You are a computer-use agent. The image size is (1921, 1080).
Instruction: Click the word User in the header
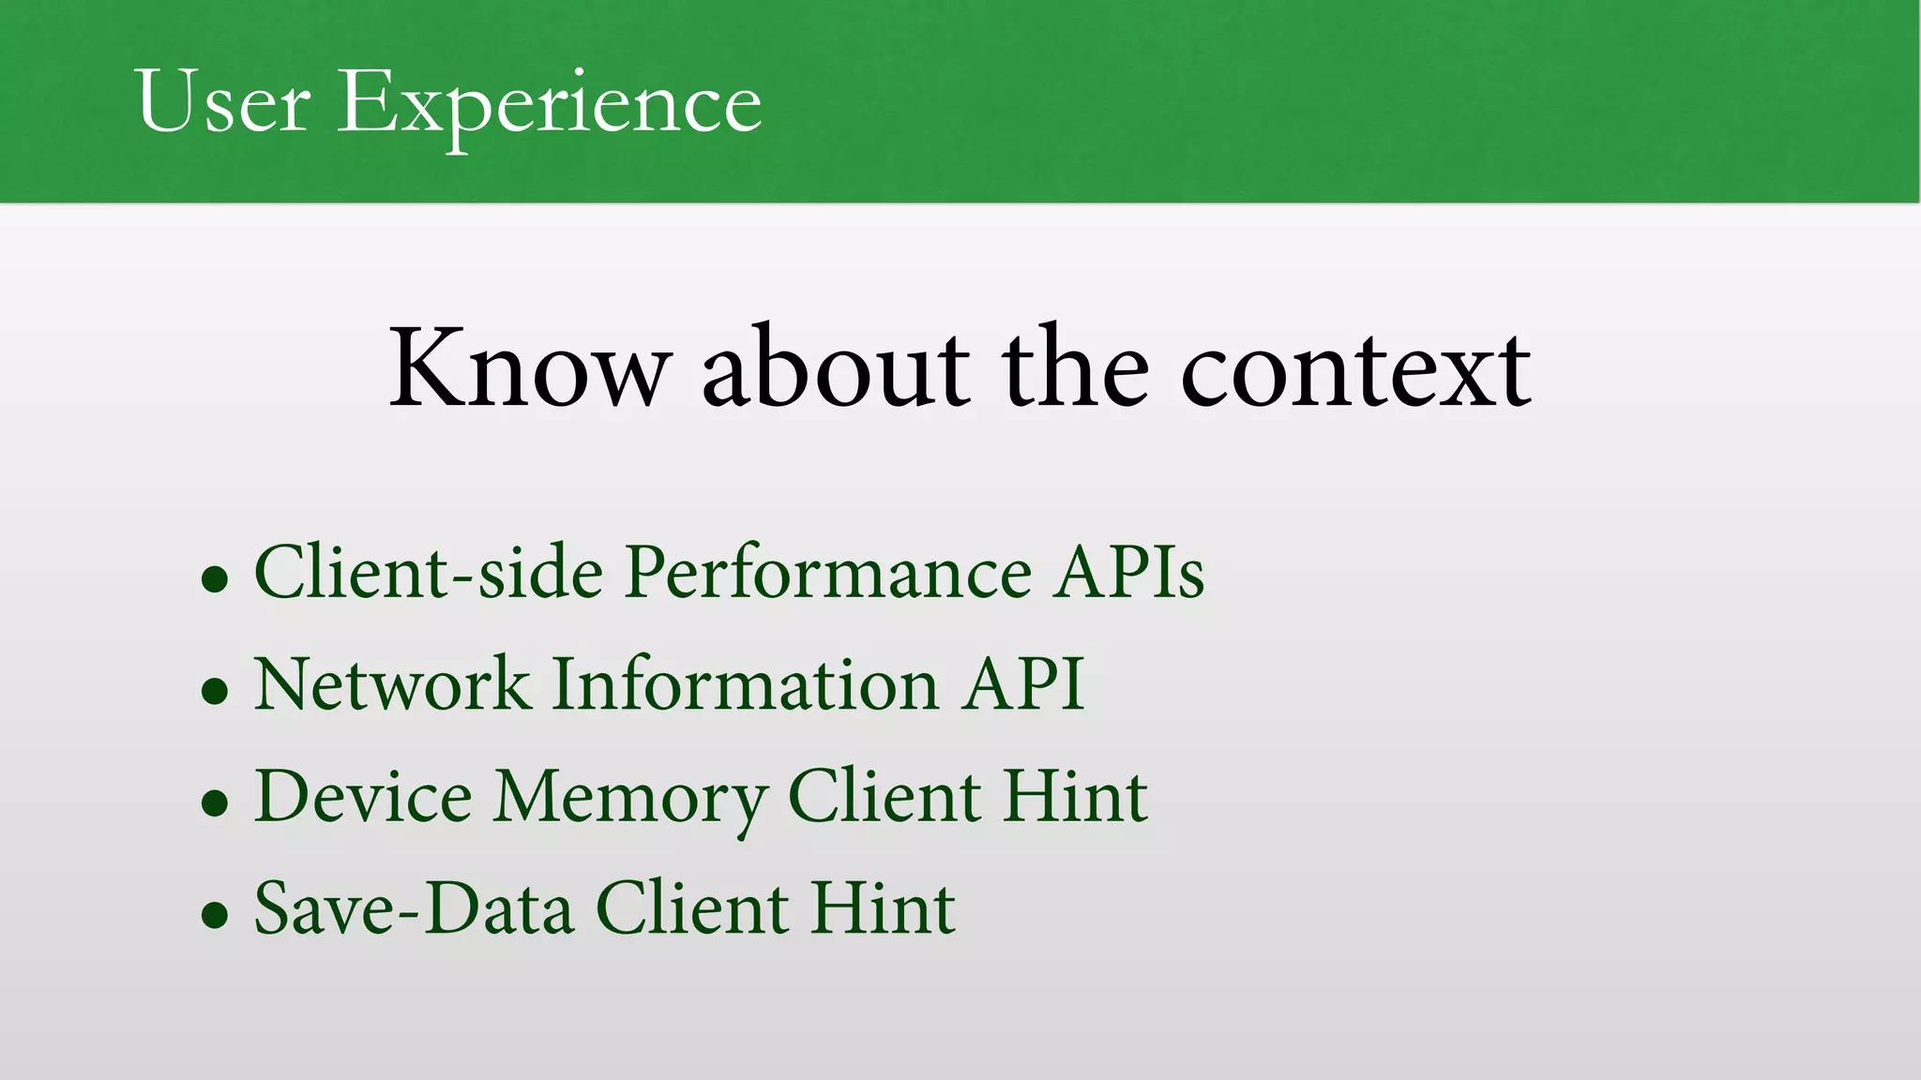point(222,101)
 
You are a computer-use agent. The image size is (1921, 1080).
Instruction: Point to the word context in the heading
point(1355,370)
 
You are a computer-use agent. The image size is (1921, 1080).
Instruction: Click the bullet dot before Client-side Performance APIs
point(215,578)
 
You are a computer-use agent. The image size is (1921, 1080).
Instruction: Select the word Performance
point(828,574)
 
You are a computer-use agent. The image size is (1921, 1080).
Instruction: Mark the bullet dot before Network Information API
point(215,691)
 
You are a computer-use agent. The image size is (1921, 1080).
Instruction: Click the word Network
point(392,683)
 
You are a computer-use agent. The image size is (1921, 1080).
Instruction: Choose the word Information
point(745,683)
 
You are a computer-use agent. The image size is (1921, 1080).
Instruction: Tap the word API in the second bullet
point(1024,683)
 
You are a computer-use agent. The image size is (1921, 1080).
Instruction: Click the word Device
point(363,796)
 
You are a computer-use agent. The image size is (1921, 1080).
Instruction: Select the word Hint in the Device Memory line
point(1075,796)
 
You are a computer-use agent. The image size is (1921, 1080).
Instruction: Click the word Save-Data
point(414,908)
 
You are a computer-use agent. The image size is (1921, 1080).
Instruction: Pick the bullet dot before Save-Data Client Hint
point(215,915)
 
